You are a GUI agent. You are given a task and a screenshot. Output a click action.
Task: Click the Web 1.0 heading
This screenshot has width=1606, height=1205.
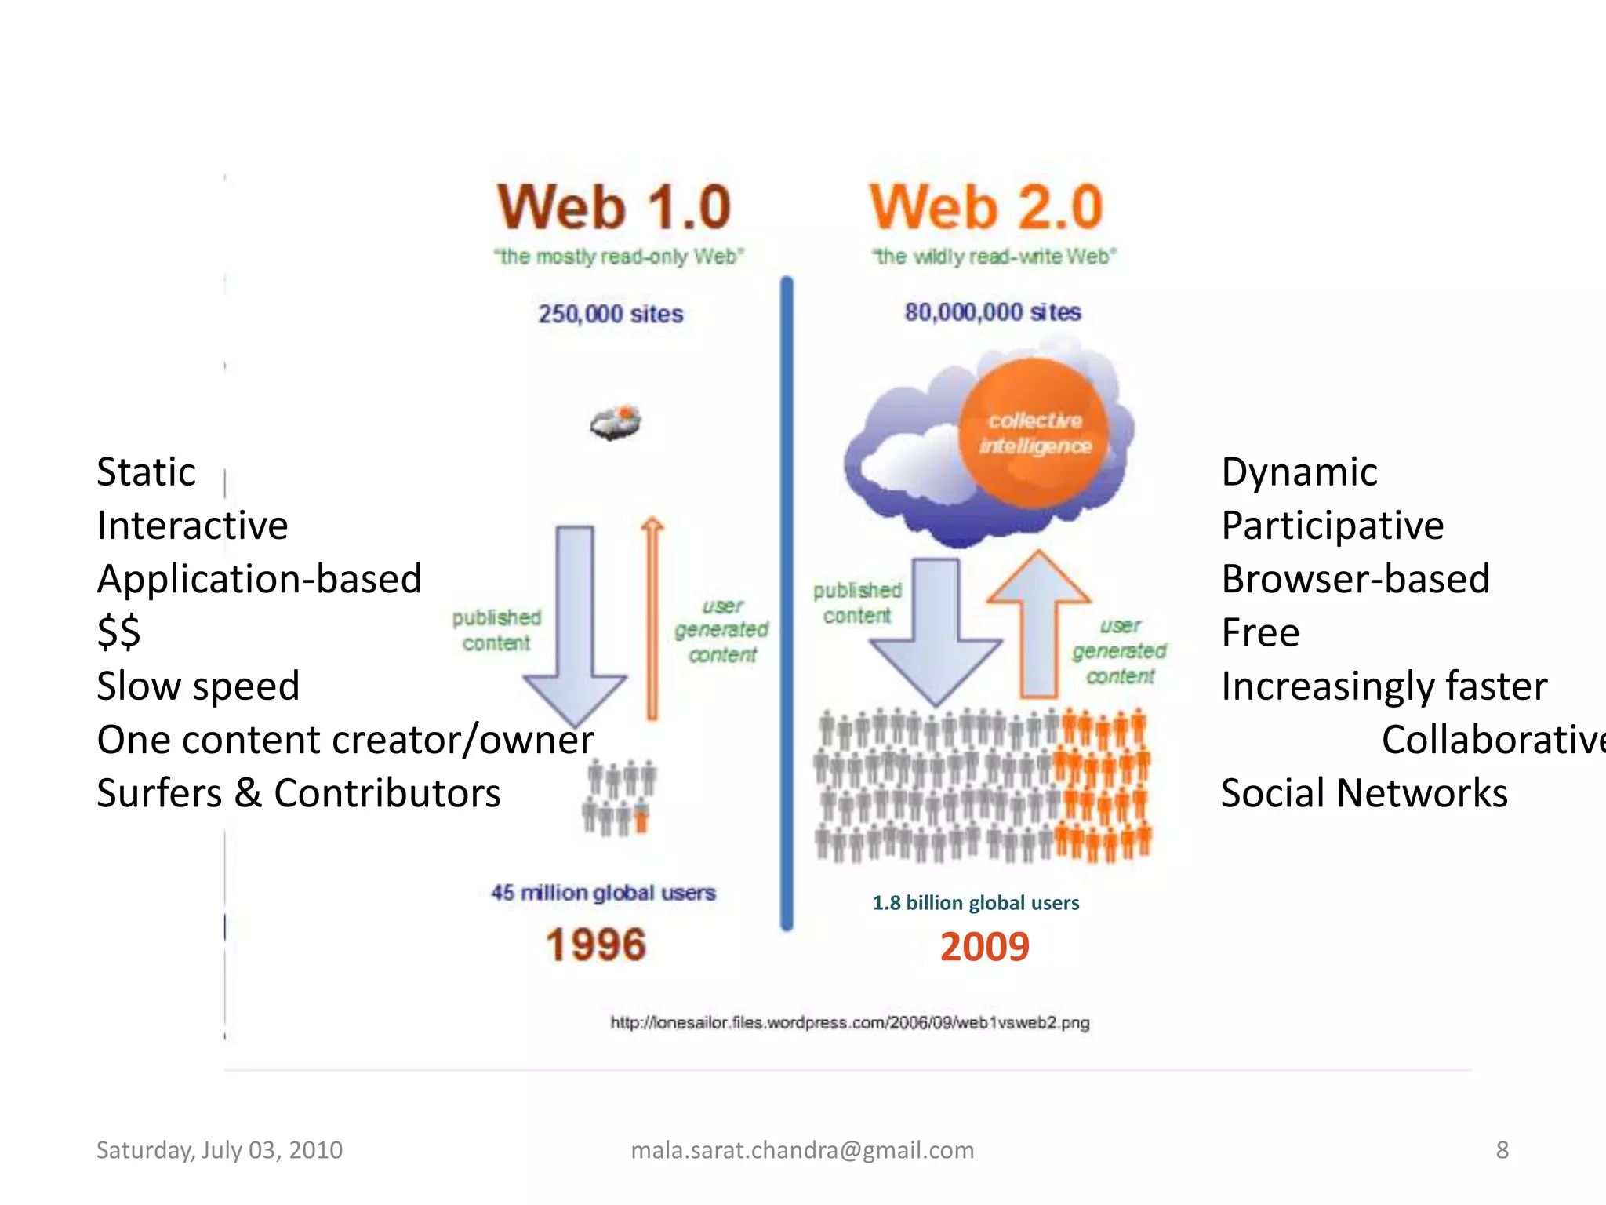tap(614, 207)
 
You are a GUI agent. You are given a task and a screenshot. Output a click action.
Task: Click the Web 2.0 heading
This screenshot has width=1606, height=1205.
tap(986, 207)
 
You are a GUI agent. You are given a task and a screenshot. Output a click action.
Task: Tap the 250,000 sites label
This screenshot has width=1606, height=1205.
tap(610, 314)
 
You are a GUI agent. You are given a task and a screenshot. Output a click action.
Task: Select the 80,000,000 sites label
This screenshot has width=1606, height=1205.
tap(992, 312)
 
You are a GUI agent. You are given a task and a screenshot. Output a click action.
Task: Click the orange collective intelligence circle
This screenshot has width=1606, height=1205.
tap(1034, 433)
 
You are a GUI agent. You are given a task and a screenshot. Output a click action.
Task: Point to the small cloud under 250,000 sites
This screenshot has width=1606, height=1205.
tap(616, 422)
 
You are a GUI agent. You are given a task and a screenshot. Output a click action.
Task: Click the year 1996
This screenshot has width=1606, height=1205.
tap(596, 945)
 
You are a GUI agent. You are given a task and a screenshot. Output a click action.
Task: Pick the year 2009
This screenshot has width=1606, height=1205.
tap(984, 947)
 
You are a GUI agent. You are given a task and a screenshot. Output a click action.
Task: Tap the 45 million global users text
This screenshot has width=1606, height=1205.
tap(603, 893)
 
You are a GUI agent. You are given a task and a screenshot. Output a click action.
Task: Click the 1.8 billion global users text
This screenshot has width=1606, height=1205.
tap(976, 903)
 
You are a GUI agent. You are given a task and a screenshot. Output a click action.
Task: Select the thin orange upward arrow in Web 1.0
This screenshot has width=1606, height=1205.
tap(652, 620)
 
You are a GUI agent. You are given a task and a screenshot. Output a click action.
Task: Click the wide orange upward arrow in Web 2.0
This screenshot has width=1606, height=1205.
tap(1039, 624)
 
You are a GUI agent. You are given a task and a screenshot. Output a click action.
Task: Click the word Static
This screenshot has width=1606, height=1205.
tap(146, 472)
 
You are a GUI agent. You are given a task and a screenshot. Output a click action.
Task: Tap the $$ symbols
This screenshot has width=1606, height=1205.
tap(118, 632)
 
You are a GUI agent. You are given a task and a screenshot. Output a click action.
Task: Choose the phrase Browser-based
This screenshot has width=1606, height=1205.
tap(1355, 579)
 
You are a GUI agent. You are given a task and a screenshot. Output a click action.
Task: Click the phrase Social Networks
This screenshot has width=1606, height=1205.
tap(1364, 793)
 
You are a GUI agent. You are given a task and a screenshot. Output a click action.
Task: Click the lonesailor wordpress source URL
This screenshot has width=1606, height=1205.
tap(850, 1022)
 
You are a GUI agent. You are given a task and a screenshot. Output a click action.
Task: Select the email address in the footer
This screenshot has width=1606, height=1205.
tap(802, 1150)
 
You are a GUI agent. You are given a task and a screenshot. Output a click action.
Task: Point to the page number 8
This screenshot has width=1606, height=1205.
tap(1502, 1150)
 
